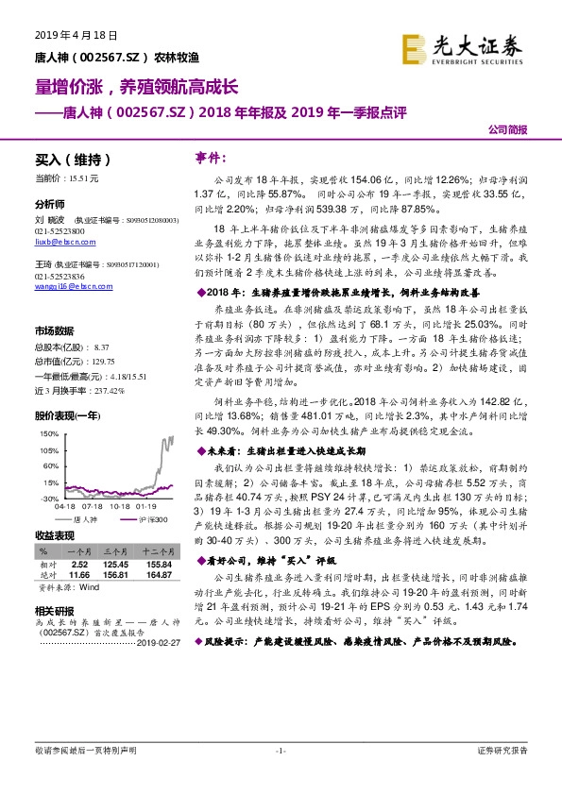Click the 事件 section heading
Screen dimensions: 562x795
click(206, 156)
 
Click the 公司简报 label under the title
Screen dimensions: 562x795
click(507, 129)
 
